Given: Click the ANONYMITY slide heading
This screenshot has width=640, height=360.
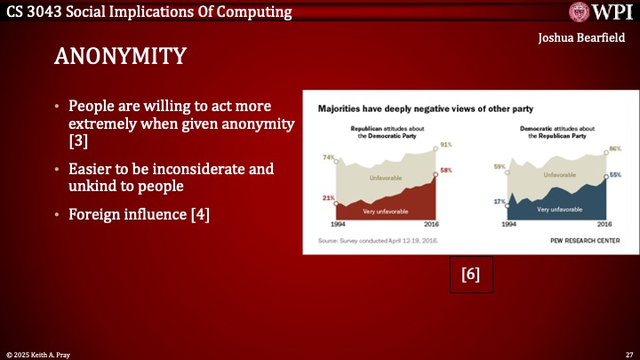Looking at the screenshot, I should click(x=120, y=56).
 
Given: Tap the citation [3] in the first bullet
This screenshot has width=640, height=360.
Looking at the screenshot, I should click(x=78, y=141).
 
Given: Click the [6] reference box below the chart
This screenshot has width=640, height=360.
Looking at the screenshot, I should click(x=470, y=275).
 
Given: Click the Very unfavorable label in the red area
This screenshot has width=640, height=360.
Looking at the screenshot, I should click(x=379, y=212).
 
